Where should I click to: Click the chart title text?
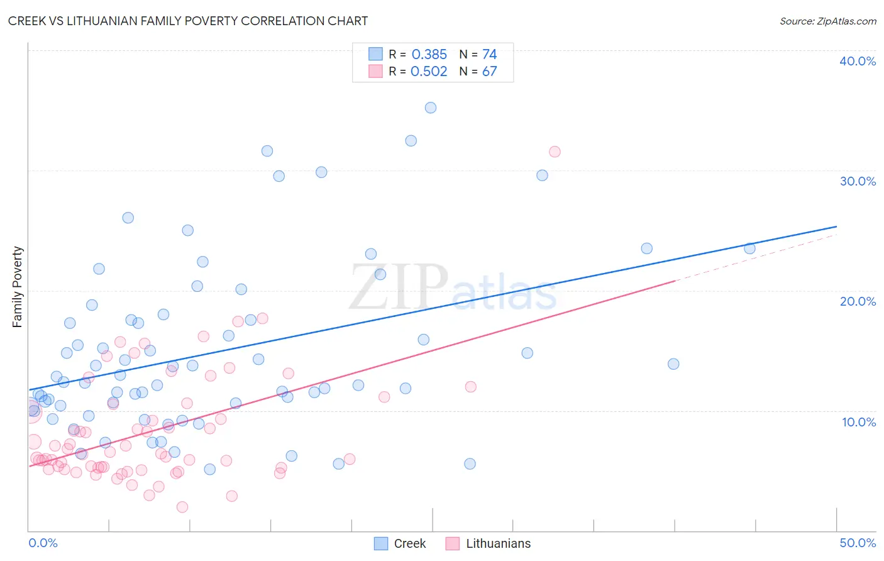pos(188,21)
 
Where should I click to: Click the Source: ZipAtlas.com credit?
pos(827,21)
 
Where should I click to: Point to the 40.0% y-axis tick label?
pos(858,61)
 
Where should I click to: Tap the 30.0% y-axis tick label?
pos(858,181)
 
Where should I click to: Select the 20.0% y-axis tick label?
pos(858,301)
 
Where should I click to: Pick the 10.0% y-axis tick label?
pos(858,422)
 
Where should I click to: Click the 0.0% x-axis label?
pos(43,543)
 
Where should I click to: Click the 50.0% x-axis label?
pos(858,543)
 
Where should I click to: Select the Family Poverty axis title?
pos(18,287)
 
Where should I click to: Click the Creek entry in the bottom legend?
pos(409,543)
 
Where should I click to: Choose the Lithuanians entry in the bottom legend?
pos(498,543)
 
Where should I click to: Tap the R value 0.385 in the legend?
pos(429,55)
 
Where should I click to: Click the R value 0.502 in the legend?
pos(429,72)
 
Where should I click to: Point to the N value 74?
pos(489,55)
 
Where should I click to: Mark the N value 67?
pos(489,72)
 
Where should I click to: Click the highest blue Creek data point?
pos(431,108)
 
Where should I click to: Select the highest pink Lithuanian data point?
pos(555,152)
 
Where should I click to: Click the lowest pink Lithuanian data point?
pos(182,507)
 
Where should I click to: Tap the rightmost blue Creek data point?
pos(749,248)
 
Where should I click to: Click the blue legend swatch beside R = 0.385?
pos(375,54)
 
